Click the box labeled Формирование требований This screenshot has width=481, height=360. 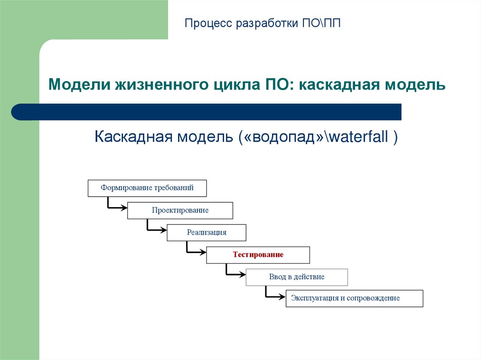(x=147, y=188)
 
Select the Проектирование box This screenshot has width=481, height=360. (x=180, y=210)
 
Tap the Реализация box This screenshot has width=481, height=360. (x=206, y=232)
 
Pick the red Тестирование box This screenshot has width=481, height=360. (x=258, y=254)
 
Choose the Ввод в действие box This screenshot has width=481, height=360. (x=296, y=276)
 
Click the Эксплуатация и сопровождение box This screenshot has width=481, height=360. (x=354, y=298)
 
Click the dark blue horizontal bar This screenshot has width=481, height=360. (x=207, y=112)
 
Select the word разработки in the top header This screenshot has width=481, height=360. (x=265, y=23)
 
